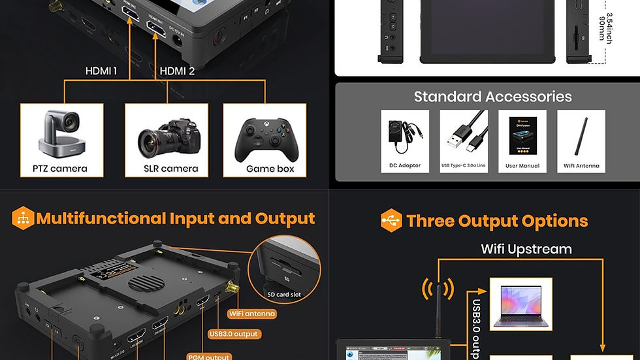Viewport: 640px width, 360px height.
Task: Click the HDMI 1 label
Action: (101, 71)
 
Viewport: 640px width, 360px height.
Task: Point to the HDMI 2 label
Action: (177, 71)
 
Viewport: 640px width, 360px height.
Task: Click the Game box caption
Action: (270, 169)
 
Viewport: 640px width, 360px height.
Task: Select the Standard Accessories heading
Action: (492, 97)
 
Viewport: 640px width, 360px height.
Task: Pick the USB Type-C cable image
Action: (463, 135)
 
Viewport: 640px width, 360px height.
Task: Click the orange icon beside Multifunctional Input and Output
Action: (23, 218)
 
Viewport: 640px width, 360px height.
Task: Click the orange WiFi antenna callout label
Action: (251, 314)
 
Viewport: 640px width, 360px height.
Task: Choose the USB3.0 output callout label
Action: (234, 334)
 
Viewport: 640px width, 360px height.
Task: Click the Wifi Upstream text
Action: (526, 249)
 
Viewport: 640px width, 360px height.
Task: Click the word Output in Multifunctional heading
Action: (285, 218)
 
